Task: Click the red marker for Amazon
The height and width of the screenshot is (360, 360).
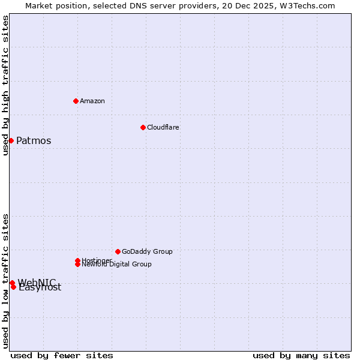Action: point(76,101)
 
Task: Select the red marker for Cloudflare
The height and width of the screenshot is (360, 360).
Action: point(143,127)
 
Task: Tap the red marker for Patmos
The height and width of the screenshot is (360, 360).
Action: point(11,140)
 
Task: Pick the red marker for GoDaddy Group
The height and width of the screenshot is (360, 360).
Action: point(118,251)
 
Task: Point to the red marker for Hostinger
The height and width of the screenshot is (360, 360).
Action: point(77,260)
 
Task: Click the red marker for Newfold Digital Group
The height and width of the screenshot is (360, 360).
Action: point(77,264)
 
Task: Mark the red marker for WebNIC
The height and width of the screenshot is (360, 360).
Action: point(12,283)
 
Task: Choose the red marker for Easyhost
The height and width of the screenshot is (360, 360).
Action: point(13,287)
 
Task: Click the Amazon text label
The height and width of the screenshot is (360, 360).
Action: point(92,101)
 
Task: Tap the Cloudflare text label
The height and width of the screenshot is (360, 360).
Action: point(163,127)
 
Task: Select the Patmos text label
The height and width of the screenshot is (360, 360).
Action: point(34,141)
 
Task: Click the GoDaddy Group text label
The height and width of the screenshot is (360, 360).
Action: point(147,251)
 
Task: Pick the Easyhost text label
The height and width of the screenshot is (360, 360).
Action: point(41,288)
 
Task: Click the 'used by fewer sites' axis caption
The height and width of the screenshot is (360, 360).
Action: point(62,355)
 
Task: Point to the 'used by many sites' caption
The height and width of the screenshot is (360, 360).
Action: point(301,355)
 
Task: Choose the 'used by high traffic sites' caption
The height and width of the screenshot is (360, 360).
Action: point(5,85)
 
